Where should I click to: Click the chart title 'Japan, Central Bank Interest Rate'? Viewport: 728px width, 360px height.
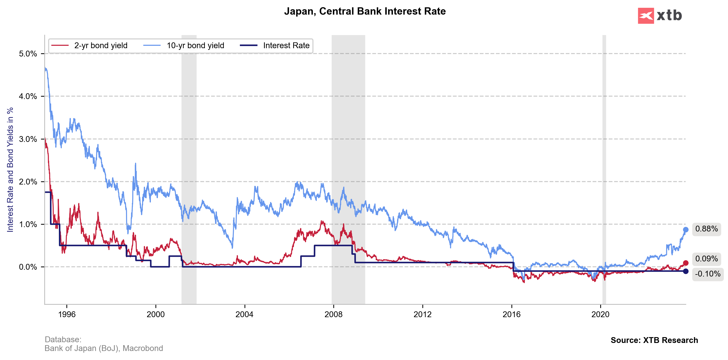364,11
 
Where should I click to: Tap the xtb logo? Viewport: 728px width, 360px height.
660,16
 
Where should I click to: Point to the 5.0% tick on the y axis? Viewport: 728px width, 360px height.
28,54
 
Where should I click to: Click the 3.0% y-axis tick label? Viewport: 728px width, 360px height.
28,139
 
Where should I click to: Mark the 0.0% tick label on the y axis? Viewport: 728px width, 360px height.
28,267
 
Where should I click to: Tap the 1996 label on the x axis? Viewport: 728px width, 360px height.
67,314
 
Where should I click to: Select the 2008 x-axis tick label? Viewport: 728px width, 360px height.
334,314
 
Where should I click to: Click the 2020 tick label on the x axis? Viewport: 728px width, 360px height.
601,314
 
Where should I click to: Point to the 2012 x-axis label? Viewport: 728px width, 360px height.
422,314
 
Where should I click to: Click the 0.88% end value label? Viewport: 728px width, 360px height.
706,229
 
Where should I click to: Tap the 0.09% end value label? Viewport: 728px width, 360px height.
706,259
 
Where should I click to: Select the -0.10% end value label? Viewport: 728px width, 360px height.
707,274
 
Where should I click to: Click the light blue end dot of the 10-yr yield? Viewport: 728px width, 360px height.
686,230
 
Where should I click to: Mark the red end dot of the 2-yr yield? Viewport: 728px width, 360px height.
686,263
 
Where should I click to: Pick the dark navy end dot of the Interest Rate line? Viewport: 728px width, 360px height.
686,271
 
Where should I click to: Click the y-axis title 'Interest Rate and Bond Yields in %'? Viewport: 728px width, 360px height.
10,170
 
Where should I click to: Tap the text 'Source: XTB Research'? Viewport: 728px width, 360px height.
654,340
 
